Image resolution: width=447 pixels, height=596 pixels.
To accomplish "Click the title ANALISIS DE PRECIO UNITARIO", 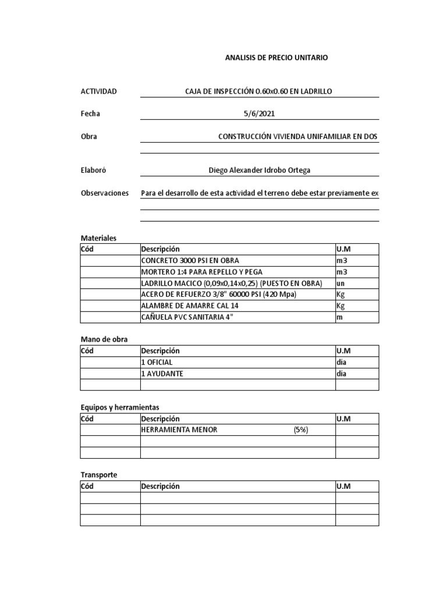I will (276, 58).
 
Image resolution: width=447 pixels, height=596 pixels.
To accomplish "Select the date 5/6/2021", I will (259, 113).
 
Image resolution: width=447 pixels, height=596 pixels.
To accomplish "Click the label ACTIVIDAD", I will (98, 91).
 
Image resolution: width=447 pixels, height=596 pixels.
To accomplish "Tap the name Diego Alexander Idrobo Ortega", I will (259, 170).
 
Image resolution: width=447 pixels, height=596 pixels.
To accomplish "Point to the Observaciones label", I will (104, 193).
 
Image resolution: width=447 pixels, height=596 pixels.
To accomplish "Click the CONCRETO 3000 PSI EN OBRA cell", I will (190, 260).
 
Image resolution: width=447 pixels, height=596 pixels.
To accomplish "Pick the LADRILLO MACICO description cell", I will (231, 283).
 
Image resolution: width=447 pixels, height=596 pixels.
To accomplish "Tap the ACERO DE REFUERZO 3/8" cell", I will (219, 295).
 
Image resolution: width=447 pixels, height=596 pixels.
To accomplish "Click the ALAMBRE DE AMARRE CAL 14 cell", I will (190, 306).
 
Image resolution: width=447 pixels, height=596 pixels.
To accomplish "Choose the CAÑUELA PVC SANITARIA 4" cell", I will (190, 317).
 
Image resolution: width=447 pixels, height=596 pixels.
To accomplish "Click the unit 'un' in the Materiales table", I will (340, 283).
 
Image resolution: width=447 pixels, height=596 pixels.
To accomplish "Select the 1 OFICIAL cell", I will (157, 362).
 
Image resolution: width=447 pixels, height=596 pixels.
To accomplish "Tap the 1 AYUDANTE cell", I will (162, 374).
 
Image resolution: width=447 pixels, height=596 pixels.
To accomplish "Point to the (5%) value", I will (301, 430).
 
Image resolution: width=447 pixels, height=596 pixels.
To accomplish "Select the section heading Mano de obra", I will (104, 339).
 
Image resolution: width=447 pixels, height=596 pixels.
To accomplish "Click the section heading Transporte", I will (98, 475).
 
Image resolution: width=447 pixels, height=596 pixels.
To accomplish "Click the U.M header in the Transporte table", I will (343, 487).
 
